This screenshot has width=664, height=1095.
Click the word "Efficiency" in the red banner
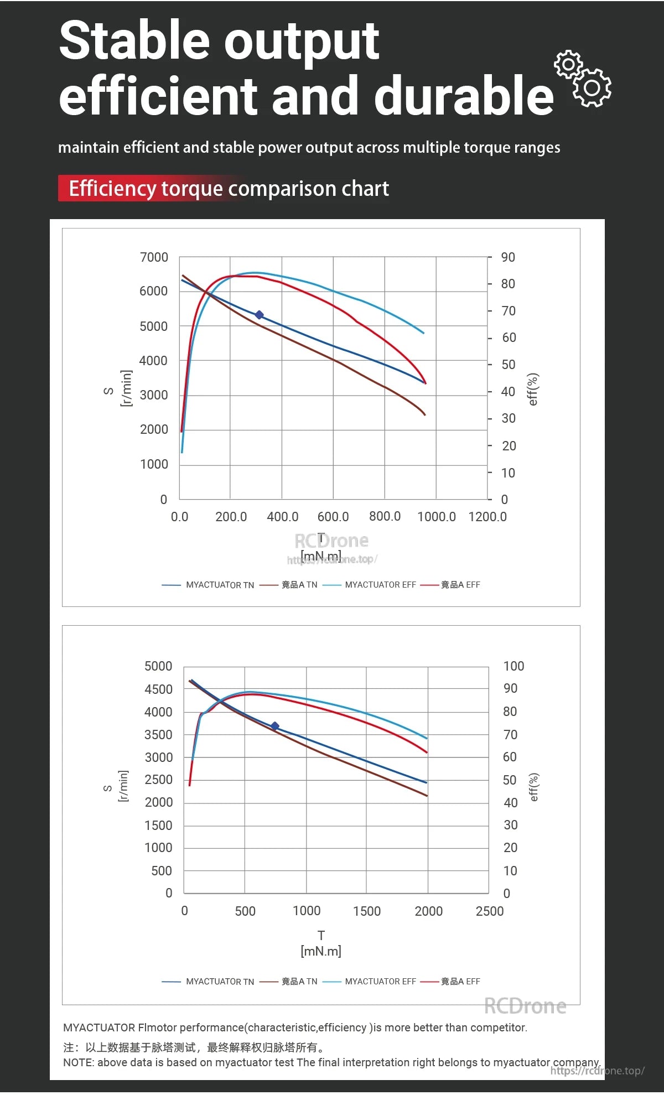[112, 189]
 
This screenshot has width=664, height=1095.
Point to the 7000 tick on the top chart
[154, 257]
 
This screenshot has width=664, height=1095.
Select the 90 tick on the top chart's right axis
[508, 257]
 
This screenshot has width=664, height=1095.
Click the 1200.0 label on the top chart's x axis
[487, 517]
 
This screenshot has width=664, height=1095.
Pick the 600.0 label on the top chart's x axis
[333, 517]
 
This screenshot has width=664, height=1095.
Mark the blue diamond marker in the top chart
[259, 315]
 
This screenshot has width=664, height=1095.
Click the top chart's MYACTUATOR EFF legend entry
[380, 585]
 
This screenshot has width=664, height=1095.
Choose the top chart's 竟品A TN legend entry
[299, 585]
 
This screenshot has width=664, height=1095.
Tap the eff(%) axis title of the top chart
[533, 389]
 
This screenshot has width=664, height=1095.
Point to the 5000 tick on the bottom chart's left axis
[158, 666]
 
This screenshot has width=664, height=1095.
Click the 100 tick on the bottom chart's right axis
[513, 666]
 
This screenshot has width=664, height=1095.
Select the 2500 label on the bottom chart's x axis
[490, 911]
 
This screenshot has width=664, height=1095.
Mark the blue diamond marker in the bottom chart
[274, 726]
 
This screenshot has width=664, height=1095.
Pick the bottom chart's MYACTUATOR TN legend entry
[220, 982]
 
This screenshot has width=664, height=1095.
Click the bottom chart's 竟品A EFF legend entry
[460, 982]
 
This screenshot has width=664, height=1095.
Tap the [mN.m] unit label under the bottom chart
[321, 951]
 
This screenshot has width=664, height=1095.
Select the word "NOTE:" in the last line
[79, 1062]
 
